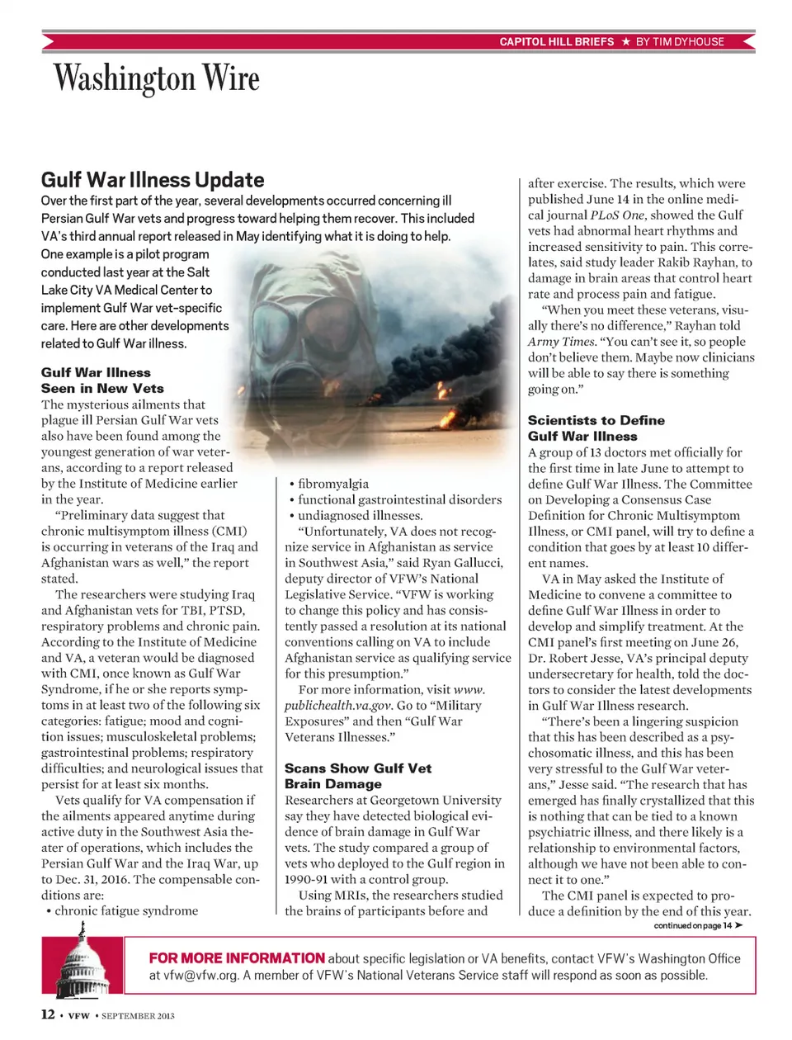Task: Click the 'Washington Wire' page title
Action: tap(157, 78)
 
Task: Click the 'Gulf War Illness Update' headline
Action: tap(153, 180)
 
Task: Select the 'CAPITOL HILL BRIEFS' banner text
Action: tap(557, 41)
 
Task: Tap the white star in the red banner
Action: tap(626, 41)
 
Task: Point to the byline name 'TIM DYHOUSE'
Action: tap(688, 41)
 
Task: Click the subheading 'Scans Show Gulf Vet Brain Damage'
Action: tap(357, 776)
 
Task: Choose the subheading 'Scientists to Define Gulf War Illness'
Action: tap(596, 428)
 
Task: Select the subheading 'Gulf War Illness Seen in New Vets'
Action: tap(102, 381)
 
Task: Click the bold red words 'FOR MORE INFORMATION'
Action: tap(237, 958)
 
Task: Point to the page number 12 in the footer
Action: tap(48, 1014)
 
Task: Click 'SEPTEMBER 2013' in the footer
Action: tap(138, 1016)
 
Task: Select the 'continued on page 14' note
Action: tap(697, 925)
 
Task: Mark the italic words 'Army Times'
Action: tap(561, 341)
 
